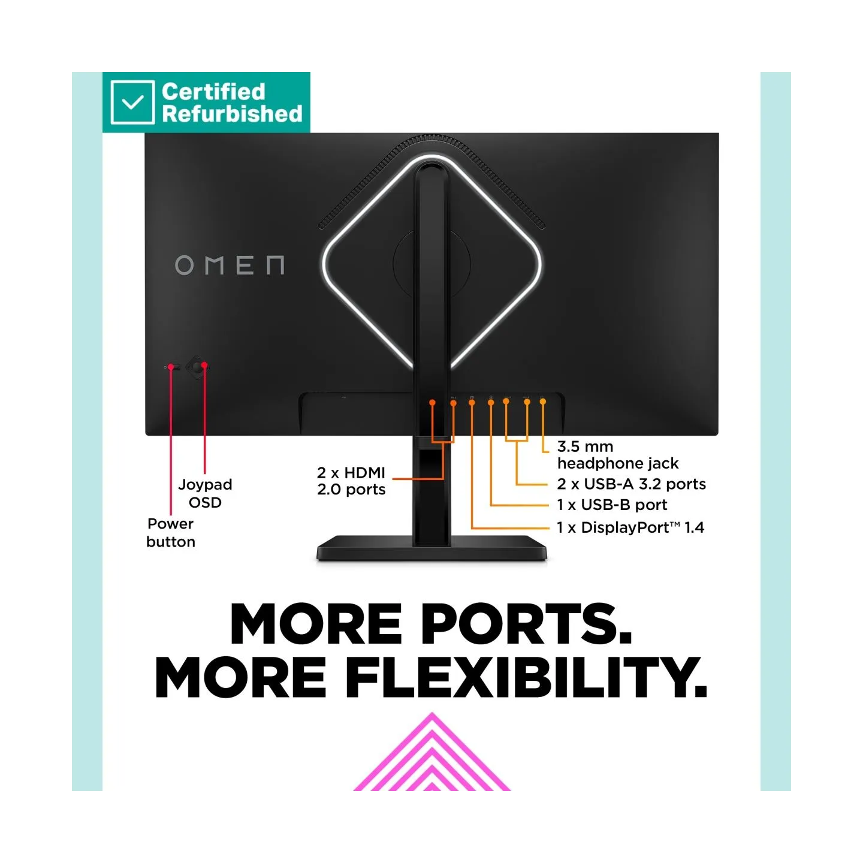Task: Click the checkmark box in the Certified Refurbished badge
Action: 132,102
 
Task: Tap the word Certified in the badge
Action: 213,92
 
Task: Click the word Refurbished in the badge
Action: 232,114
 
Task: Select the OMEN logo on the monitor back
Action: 230,265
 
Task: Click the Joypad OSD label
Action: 205,493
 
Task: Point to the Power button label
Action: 171,533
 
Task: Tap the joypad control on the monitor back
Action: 197,367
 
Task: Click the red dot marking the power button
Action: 171,367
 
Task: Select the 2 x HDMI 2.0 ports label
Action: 351,481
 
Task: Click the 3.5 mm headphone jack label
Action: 617,454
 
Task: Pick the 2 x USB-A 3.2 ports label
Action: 632,484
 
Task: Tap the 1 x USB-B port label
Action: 612,505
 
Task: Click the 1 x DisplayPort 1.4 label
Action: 630,527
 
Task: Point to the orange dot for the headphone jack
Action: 543,402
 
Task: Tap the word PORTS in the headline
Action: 526,624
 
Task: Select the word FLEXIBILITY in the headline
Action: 526,677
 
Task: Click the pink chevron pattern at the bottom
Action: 431,758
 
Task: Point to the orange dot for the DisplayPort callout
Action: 472,403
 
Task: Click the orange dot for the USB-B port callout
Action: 491,403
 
